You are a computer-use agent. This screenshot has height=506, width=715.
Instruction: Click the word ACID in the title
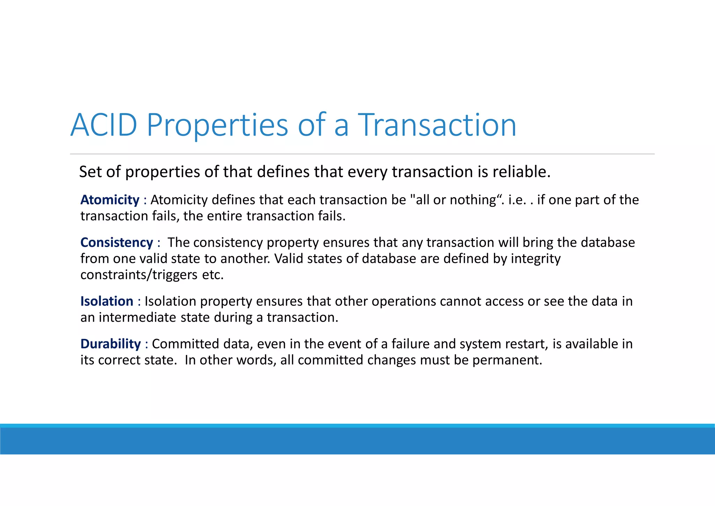coord(104,125)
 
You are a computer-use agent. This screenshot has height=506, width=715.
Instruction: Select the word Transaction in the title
coord(437,125)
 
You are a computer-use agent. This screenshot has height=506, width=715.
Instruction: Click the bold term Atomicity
coord(110,200)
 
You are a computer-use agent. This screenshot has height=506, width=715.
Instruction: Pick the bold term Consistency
coord(117,243)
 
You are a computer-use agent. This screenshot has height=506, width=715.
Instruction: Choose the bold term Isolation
coord(106,301)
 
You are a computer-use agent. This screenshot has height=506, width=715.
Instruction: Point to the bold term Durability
coord(110,344)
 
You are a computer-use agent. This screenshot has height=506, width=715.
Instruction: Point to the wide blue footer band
coord(357,441)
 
